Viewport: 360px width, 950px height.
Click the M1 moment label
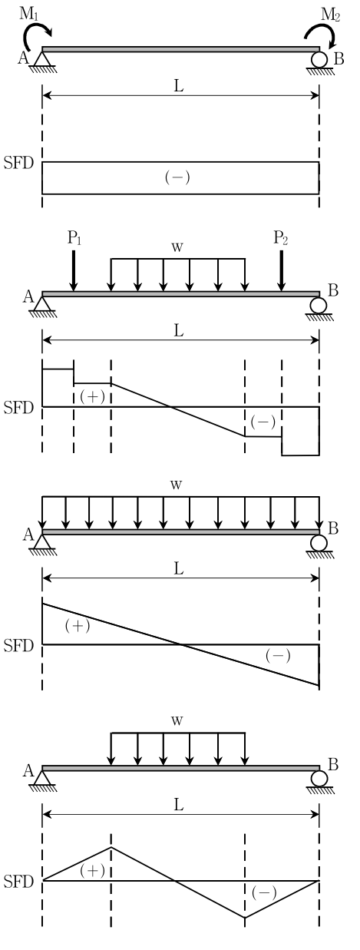pos(29,14)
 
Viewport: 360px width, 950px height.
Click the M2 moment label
pos(330,15)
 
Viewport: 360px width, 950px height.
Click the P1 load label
pos(74,238)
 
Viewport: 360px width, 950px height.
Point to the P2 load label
pos(280,238)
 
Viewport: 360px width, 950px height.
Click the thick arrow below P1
pos(74,270)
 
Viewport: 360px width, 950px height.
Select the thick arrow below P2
pos(281,270)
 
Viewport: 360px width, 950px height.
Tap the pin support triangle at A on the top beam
pos(42,59)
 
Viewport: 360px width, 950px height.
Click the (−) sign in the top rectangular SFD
pos(177,177)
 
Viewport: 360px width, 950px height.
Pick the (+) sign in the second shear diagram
pos(92,396)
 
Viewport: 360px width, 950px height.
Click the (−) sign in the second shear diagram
pos(263,422)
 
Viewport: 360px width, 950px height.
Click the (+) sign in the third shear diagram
pos(78,626)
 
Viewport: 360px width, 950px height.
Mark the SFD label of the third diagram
pos(18,646)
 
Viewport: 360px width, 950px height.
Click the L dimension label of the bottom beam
pos(179,804)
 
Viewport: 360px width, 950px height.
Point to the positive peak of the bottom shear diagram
pos(111,847)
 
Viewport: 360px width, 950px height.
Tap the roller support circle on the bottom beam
pos(319,779)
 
